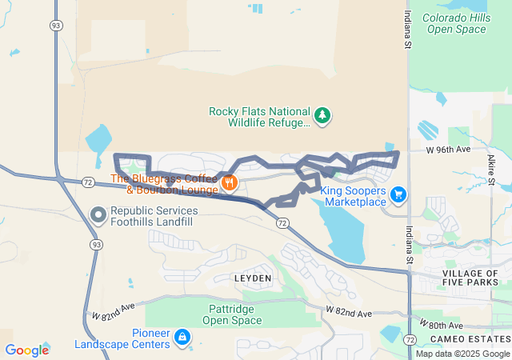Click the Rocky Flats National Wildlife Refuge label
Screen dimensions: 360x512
pyautogui.click(x=259, y=117)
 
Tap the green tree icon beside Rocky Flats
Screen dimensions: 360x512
pyautogui.click(x=322, y=117)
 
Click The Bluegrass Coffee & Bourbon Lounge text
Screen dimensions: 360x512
pyautogui.click(x=164, y=184)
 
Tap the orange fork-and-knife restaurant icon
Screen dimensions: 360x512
pyautogui.click(x=230, y=183)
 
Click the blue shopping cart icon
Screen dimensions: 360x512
pyautogui.click(x=398, y=194)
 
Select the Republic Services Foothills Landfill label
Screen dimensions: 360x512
pyautogui.click(x=154, y=216)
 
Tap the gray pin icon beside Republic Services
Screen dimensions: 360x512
pyautogui.click(x=98, y=215)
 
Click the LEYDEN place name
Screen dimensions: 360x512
pyautogui.click(x=253, y=278)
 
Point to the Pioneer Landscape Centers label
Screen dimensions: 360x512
pyautogui.click(x=122, y=338)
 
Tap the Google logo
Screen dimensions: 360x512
pyautogui.click(x=26, y=350)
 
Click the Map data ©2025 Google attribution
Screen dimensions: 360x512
pyautogui.click(x=462, y=354)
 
